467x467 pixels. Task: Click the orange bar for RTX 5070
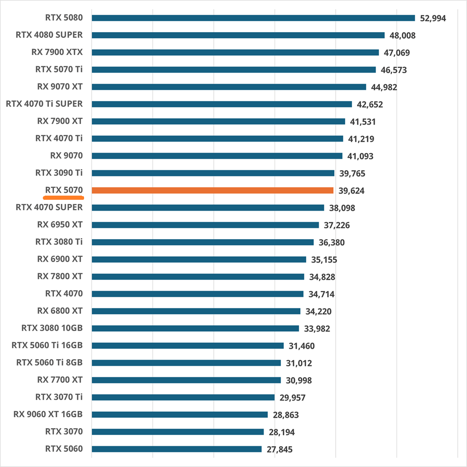coord(213,190)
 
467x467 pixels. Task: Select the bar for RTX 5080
coord(253,18)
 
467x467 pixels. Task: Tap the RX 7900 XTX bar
coord(235,52)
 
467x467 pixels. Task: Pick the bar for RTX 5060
coord(176,449)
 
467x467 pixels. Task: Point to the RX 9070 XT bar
coord(229,87)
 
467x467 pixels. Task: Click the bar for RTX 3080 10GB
coord(195,328)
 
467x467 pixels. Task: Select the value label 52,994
coord(433,18)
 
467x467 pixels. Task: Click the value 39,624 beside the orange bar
coord(351,191)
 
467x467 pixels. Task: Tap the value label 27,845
coord(280,449)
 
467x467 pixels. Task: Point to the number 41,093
coord(360,156)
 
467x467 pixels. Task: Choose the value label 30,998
coord(299,380)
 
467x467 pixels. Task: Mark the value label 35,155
coord(324,259)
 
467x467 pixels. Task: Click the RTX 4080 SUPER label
coord(49,35)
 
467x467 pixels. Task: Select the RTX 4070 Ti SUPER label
coord(44,104)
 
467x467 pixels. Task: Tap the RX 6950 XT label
coord(60,225)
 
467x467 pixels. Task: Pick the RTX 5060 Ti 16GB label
coord(47,345)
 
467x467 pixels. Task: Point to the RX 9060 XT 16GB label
coord(48,414)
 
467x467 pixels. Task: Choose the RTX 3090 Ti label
coord(59,173)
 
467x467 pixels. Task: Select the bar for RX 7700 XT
coord(186,380)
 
